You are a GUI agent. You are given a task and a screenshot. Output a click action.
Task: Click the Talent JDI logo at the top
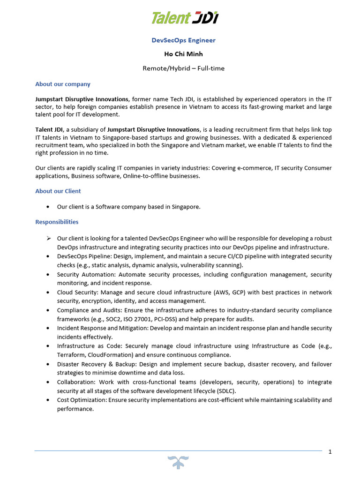click(x=184, y=18)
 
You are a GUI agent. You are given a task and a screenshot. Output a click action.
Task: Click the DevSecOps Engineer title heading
click(x=184, y=40)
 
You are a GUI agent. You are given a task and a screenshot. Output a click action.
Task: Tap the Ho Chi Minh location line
click(x=183, y=54)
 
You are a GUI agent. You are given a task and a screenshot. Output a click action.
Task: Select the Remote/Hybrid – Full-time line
click(x=183, y=68)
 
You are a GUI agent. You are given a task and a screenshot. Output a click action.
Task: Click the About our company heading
click(x=63, y=84)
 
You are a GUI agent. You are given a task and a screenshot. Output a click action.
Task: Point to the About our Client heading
click(x=58, y=191)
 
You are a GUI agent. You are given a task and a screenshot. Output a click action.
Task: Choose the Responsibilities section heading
click(x=57, y=222)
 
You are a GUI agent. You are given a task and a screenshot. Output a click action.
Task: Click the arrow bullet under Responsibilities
click(x=49, y=239)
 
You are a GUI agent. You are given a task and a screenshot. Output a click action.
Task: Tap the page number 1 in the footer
click(x=330, y=452)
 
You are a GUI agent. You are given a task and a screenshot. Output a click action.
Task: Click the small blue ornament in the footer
click(x=180, y=461)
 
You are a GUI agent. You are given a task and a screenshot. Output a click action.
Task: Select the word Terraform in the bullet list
click(x=70, y=355)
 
